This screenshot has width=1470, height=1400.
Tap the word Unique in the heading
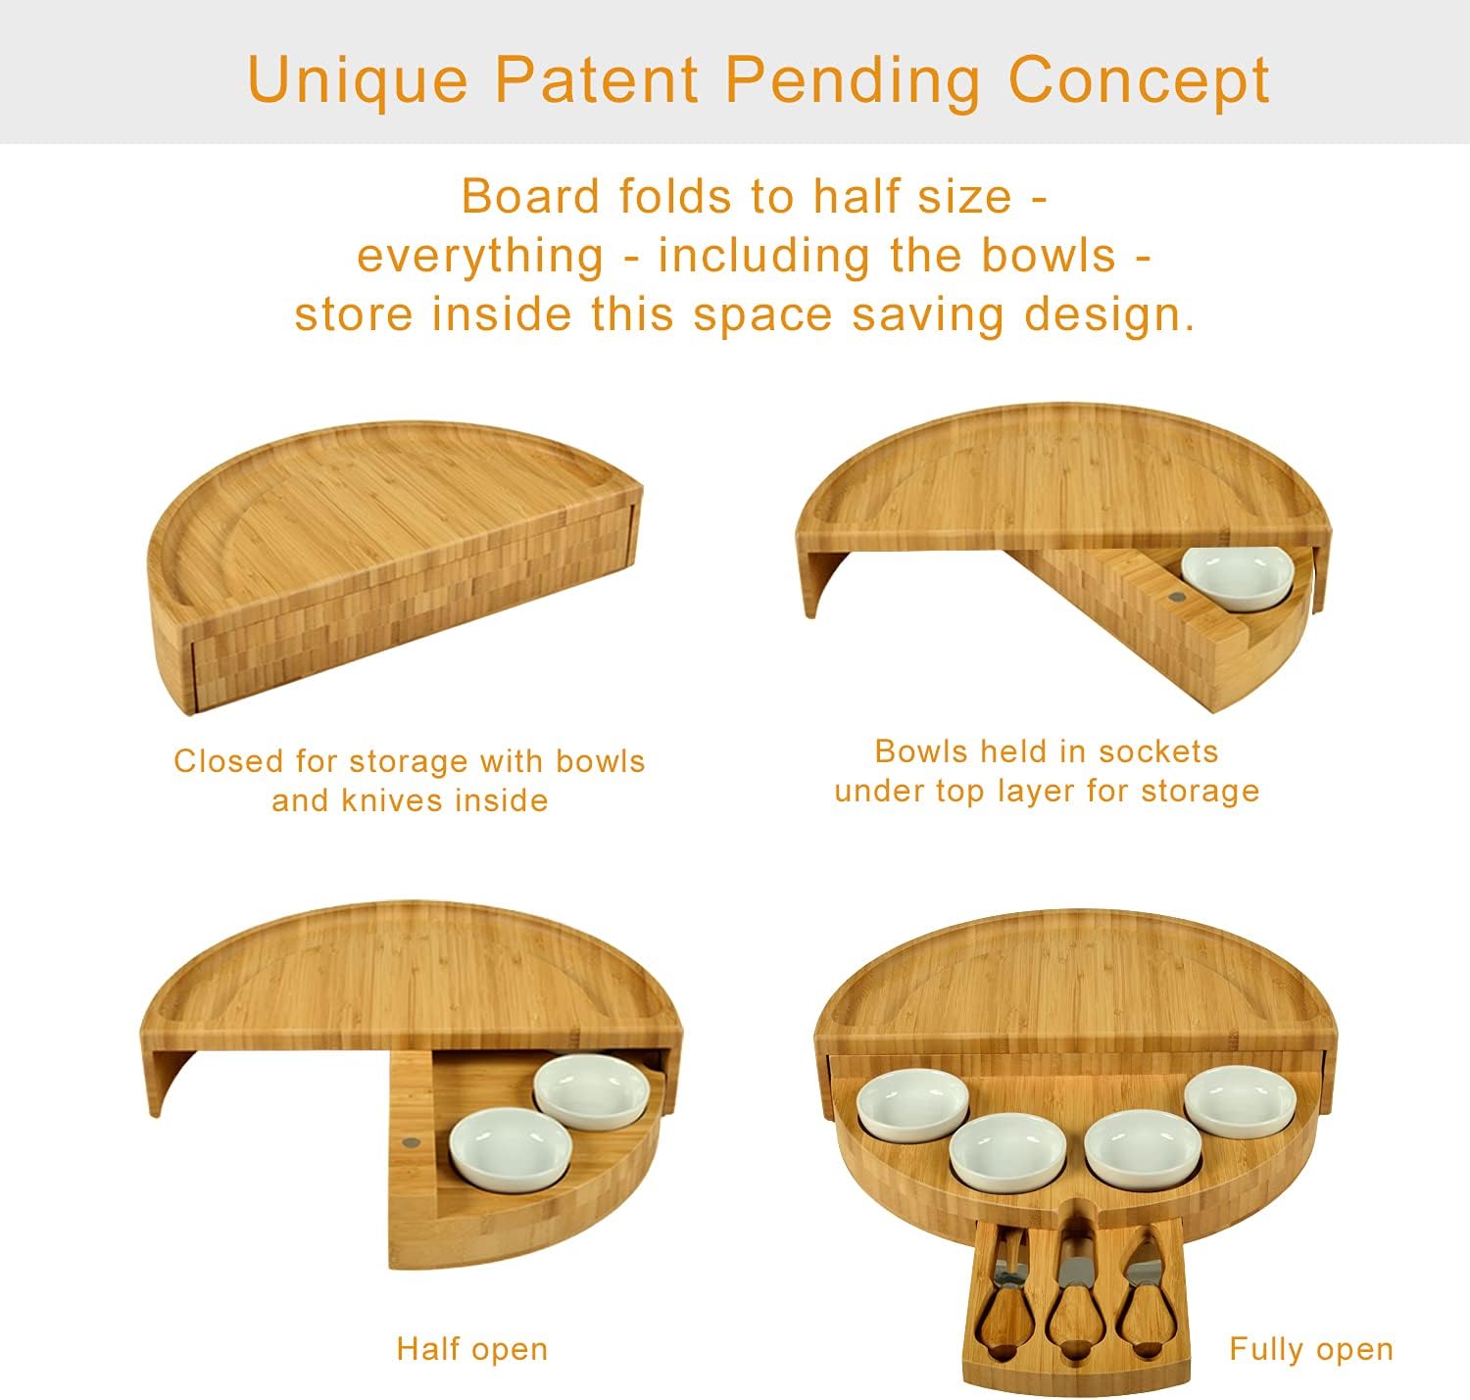[358, 80]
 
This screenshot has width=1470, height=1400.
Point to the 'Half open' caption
[471, 1349]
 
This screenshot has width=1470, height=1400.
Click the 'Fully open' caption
[1310, 1349]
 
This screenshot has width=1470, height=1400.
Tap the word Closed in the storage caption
[227, 761]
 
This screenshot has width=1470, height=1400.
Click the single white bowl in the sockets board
[1238, 578]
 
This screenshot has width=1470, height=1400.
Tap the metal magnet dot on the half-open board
[410, 1142]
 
